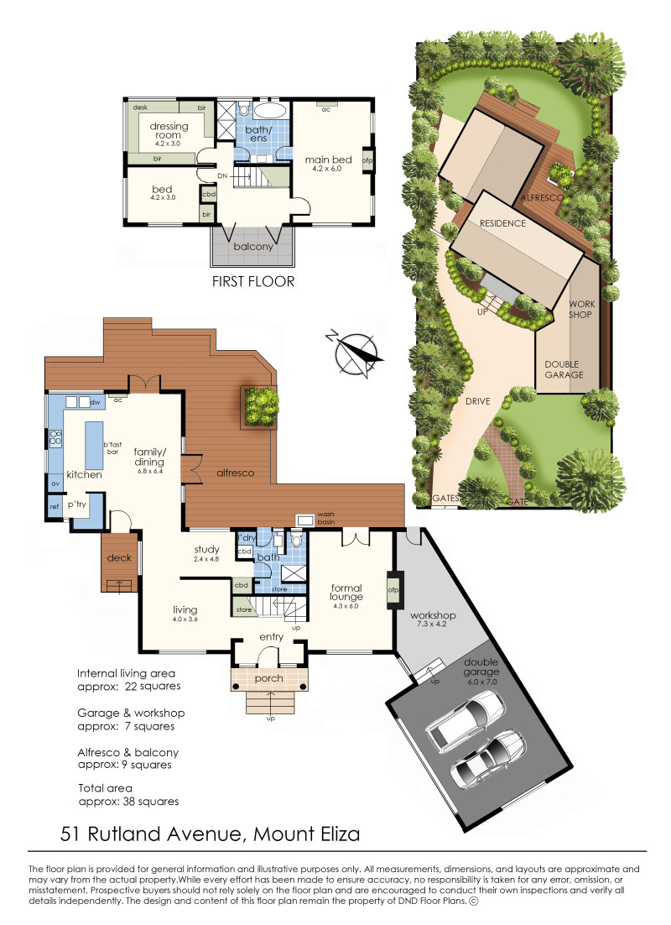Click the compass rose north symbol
click(355, 353)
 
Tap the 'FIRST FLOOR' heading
click(253, 281)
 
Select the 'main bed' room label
click(329, 159)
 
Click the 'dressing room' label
click(169, 130)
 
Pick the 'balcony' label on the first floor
click(253, 247)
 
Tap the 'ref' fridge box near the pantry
click(55, 506)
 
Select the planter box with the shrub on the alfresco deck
click(259, 406)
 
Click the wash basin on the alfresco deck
click(305, 520)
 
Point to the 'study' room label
click(206, 549)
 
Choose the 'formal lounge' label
click(346, 593)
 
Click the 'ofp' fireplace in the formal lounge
click(393, 589)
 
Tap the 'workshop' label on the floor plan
click(433, 614)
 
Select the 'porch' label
click(269, 678)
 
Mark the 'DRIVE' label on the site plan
click(477, 401)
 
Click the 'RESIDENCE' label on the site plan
click(502, 223)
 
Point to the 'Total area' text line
click(105, 788)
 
